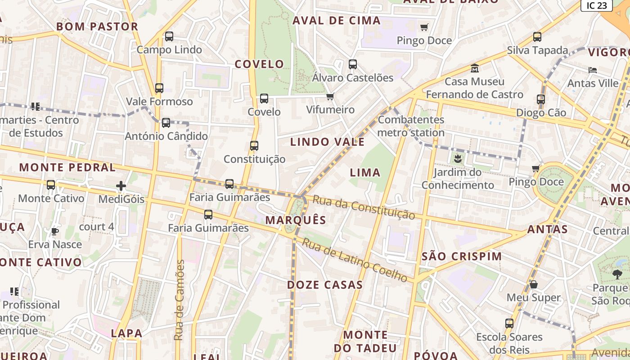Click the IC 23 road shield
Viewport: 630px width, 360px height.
point(597,5)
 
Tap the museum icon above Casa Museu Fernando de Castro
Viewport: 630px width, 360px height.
point(475,69)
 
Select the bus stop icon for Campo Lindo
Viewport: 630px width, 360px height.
point(169,36)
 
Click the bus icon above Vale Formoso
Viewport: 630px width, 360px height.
point(159,88)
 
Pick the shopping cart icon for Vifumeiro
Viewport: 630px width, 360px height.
point(330,96)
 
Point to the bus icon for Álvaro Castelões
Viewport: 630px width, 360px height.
point(353,64)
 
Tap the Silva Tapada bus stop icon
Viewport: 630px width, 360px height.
point(537,37)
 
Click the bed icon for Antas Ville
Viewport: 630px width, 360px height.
point(593,70)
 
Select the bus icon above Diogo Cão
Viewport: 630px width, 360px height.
point(541,99)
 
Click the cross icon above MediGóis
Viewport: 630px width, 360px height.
point(121,185)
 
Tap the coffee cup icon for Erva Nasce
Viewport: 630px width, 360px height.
point(54,232)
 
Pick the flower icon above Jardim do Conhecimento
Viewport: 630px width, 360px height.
point(458,158)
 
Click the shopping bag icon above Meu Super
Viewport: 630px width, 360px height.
point(534,284)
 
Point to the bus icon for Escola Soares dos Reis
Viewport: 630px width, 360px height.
point(509,324)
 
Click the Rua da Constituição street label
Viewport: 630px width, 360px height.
point(364,207)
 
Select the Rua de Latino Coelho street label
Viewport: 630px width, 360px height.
point(355,260)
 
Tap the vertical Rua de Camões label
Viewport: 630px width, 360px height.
point(180,300)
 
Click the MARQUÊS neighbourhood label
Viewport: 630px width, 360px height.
point(295,220)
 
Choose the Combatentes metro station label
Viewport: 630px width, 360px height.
point(411,126)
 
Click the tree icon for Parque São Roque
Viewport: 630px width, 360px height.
point(617,274)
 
